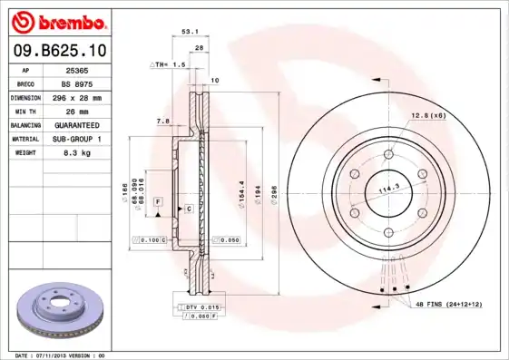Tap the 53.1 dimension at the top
click(x=191, y=31)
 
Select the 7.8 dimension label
click(x=162, y=121)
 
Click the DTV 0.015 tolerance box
click(x=203, y=308)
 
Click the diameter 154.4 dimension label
click(x=240, y=190)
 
